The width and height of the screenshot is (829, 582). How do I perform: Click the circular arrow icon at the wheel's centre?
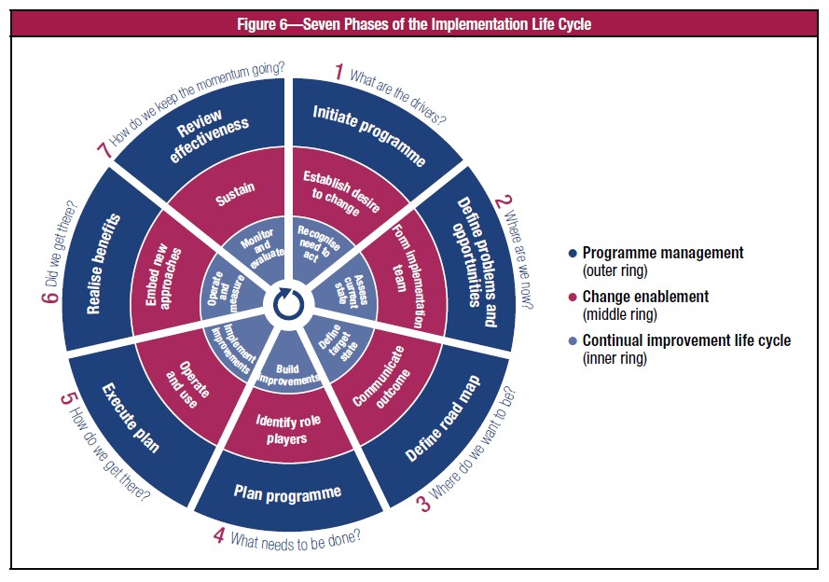pyautogui.click(x=289, y=303)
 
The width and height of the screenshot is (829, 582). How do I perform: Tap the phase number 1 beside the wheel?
pyautogui.click(x=339, y=72)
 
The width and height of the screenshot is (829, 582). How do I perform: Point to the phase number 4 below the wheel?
pyautogui.click(x=219, y=535)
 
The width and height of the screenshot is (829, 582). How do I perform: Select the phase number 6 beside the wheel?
pyautogui.click(x=50, y=296)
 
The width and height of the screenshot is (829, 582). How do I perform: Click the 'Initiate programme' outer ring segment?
pyautogui.click(x=370, y=132)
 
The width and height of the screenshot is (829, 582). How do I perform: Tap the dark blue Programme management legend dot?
pyautogui.click(x=572, y=253)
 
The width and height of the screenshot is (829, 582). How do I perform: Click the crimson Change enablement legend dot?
pyautogui.click(x=572, y=298)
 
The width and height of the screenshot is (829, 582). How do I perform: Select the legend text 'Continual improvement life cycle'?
pyautogui.click(x=686, y=340)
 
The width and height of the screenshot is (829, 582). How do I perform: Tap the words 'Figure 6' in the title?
pyautogui.click(x=263, y=24)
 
